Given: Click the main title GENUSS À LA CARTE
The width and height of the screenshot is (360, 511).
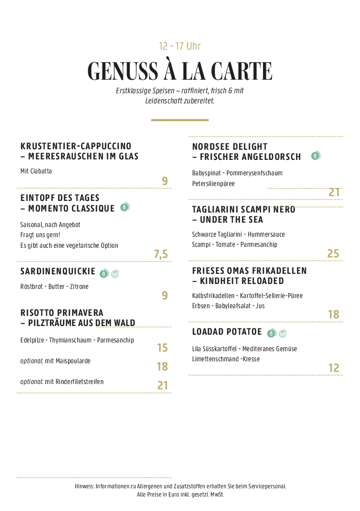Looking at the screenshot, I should [180, 71].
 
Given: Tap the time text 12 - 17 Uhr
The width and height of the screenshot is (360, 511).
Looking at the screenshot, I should [180, 46].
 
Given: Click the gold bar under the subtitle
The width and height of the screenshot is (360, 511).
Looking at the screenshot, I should [180, 120].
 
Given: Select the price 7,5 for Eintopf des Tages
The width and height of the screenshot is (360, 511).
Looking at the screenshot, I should [161, 254].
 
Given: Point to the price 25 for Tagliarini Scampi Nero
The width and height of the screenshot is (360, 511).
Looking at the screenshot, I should [333, 254].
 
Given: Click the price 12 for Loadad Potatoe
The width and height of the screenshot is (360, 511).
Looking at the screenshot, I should [333, 368].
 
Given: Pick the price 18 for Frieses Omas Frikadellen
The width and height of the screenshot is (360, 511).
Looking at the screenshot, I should [333, 315].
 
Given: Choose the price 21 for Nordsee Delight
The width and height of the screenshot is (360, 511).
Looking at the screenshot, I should [334, 192].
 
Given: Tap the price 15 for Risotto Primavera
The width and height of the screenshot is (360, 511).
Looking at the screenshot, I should [162, 348].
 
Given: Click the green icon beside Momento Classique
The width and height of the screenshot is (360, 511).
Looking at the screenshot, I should [125, 208].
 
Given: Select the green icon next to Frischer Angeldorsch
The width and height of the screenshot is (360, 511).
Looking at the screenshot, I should [316, 156].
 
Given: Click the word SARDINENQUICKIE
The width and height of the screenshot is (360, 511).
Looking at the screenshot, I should [58, 271].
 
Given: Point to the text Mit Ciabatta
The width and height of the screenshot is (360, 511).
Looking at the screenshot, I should [36, 171].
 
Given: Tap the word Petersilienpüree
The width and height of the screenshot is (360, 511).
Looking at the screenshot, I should [213, 184].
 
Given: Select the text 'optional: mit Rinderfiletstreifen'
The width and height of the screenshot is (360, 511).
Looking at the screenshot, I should [62, 382].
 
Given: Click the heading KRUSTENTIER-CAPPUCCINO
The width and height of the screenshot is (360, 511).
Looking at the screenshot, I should [76, 146].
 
